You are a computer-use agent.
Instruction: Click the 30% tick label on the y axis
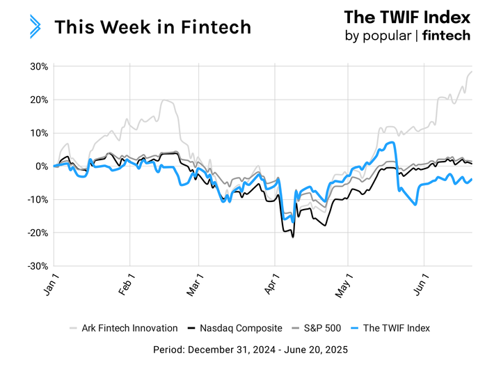click(x=38, y=67)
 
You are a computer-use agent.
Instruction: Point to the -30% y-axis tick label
click(x=36, y=266)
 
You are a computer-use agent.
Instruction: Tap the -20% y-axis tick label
click(x=36, y=233)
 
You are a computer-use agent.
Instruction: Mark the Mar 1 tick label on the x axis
click(x=196, y=285)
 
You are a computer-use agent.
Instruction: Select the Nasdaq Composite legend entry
click(x=235, y=327)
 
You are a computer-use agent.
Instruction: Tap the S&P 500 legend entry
click(x=317, y=327)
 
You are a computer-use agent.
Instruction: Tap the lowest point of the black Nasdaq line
click(x=293, y=237)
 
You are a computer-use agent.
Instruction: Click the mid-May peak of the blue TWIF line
click(x=394, y=143)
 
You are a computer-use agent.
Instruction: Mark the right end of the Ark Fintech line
click(x=472, y=72)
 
